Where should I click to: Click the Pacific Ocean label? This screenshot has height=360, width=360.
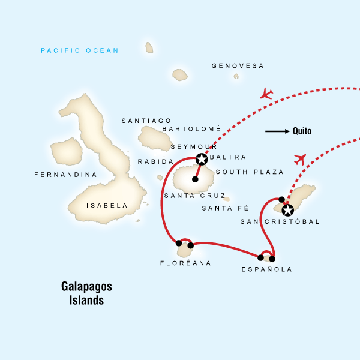pyautogui.click(x=80, y=50)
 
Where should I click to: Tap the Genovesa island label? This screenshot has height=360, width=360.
pyautogui.click(x=238, y=66)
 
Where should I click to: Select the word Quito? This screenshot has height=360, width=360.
pyautogui.click(x=302, y=131)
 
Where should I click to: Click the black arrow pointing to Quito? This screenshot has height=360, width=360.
pyautogui.click(x=277, y=131)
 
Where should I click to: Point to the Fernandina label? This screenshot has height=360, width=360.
pyautogui.click(x=66, y=175)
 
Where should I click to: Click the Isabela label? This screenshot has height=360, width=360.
pyautogui.click(x=107, y=205)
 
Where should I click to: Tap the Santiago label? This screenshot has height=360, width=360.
pyautogui.click(x=146, y=121)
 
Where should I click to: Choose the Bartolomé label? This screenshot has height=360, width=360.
pyautogui.click(x=191, y=129)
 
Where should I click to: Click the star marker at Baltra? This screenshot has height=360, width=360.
pyautogui.click(x=202, y=159)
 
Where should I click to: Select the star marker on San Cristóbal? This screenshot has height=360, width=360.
pyautogui.click(x=288, y=209)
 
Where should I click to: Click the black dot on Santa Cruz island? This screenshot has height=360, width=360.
pyautogui.click(x=195, y=179)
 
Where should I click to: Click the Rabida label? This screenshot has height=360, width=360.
pyautogui.click(x=155, y=162)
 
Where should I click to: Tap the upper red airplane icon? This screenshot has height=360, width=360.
pyautogui.click(x=266, y=94)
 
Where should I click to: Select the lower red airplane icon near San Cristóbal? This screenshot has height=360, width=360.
pyautogui.click(x=300, y=158)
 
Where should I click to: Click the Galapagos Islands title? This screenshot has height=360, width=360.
pyautogui.click(x=86, y=292)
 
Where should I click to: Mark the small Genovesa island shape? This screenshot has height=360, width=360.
pyautogui.click(x=236, y=76)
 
